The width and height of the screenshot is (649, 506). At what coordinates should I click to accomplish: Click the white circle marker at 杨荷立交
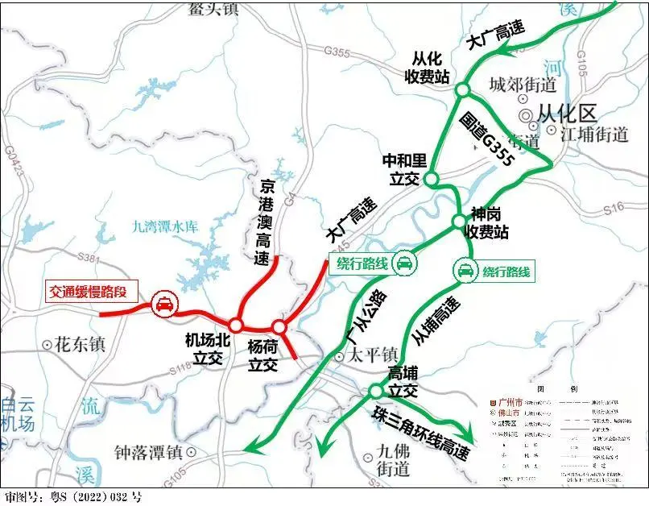(279, 327)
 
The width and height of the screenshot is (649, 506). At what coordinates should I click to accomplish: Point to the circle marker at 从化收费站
(462, 89)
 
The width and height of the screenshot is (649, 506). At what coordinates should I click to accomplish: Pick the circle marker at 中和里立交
(431, 179)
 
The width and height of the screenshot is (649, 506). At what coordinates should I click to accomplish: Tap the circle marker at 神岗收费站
(457, 221)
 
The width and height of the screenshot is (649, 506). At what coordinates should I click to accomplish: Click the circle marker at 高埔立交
(375, 391)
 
